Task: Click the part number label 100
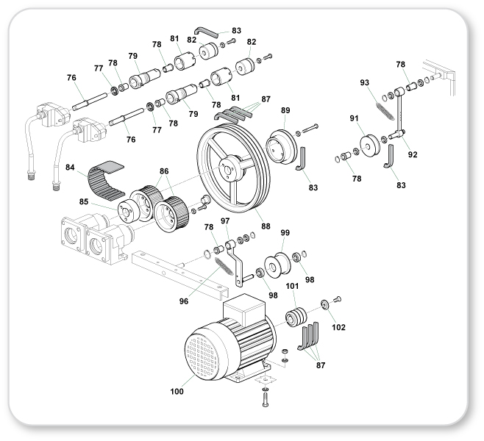[177, 392]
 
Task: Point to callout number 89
[286, 110]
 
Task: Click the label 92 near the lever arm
[413, 155]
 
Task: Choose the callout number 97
[224, 221]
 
